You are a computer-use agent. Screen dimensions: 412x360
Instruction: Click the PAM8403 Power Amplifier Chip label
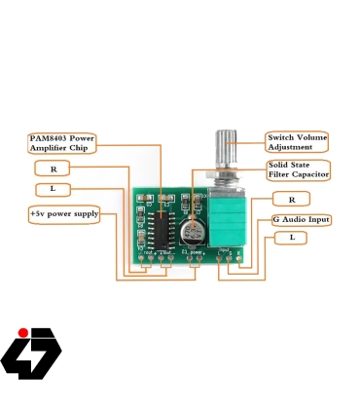click(60, 142)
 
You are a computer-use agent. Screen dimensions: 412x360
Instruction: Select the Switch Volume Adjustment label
click(297, 142)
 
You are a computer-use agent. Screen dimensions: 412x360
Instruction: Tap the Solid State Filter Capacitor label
click(297, 170)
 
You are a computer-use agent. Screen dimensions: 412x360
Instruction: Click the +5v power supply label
click(64, 213)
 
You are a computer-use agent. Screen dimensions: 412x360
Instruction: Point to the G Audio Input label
click(301, 220)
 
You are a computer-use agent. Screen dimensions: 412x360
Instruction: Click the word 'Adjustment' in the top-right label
click(291, 147)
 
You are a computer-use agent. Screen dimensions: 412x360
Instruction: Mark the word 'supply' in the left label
click(86, 213)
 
